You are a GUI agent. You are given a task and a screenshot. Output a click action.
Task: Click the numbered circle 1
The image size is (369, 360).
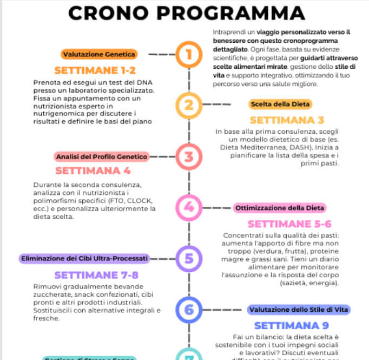(x=188, y=54)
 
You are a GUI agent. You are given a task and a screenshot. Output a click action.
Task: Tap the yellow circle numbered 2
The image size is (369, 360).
(x=188, y=105)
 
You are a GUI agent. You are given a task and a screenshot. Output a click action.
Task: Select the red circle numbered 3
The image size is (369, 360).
(x=188, y=157)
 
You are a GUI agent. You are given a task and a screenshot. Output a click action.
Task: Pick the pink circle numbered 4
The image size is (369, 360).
(x=188, y=207)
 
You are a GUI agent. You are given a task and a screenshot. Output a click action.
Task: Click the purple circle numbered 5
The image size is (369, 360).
(x=188, y=258)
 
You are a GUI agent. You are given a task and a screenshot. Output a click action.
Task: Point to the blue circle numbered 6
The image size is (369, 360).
(x=188, y=310)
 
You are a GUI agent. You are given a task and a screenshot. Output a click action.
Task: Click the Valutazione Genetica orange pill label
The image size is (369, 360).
(x=99, y=54)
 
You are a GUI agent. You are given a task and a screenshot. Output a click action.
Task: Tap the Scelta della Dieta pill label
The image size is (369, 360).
(x=280, y=104)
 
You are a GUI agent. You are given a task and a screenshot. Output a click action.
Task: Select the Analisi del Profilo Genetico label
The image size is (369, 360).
(x=102, y=157)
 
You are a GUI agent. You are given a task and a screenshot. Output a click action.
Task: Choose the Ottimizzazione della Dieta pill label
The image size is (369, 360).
(x=280, y=208)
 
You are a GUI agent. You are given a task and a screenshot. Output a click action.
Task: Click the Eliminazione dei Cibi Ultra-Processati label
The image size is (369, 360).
(x=84, y=259)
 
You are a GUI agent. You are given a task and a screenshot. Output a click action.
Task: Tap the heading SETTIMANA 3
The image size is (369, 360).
(x=287, y=120)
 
